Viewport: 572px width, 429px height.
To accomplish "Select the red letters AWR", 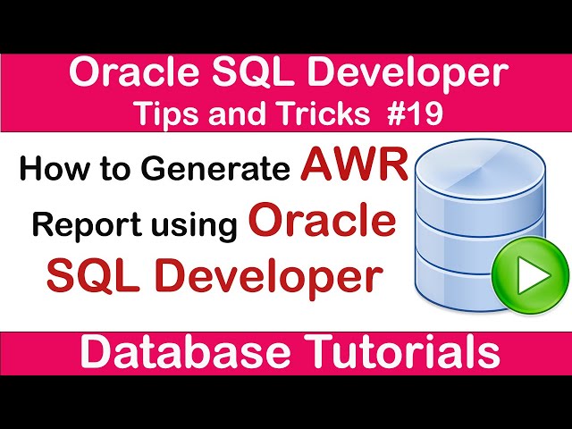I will coord(354,164).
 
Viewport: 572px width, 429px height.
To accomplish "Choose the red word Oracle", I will coord(323,220).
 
